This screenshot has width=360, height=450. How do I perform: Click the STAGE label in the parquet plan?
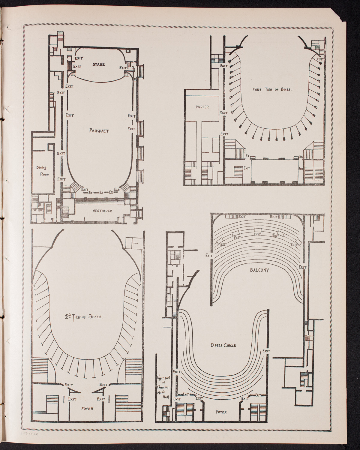point(99,64)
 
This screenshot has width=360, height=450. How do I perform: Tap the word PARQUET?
point(99,130)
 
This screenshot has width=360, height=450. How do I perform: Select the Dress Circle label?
point(223,345)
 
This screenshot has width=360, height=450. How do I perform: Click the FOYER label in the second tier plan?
point(87,408)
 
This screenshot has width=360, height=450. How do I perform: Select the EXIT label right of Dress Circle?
point(266,351)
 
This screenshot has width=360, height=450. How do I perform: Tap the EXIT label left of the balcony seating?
point(209,256)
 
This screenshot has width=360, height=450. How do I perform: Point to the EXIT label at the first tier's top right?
point(320,59)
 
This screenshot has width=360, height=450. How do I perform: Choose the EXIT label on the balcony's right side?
point(302,267)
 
